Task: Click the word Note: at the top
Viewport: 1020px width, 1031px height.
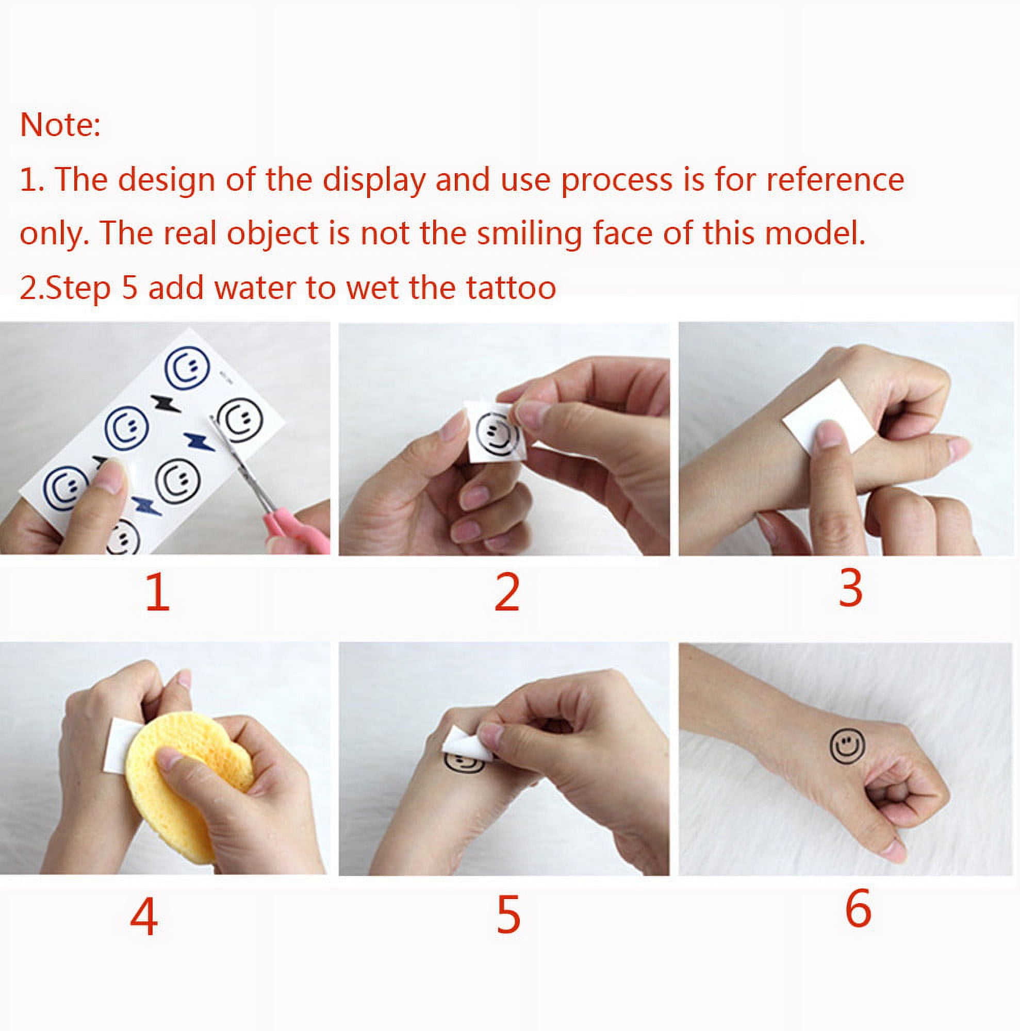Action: coord(60,125)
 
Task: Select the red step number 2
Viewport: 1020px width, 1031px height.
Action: coord(506,593)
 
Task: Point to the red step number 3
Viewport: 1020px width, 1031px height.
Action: coord(850,589)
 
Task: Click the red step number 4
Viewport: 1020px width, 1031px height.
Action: coord(143,916)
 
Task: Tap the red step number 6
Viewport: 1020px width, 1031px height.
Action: coord(858,909)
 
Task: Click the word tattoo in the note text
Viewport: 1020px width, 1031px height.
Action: coord(512,288)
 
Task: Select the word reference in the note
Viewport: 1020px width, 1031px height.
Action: coord(835,180)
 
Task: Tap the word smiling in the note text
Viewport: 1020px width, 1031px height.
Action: coord(529,234)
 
